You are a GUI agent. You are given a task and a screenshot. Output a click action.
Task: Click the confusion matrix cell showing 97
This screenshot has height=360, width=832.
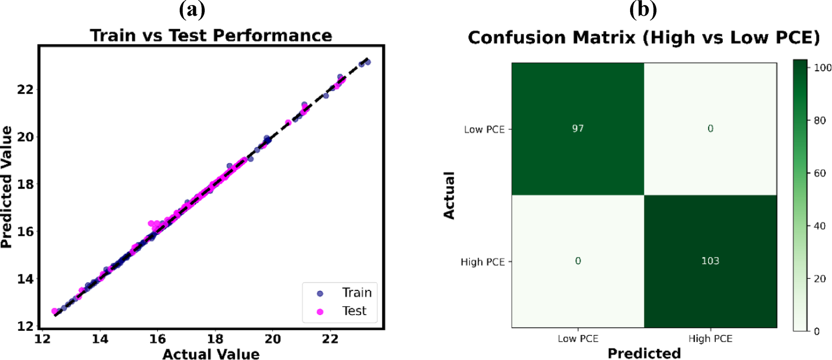pyautogui.click(x=578, y=129)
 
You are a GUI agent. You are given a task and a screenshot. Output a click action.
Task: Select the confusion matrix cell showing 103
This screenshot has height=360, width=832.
pyautogui.click(x=710, y=261)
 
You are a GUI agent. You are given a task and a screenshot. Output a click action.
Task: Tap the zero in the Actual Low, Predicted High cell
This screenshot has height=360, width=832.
pyautogui.click(x=710, y=129)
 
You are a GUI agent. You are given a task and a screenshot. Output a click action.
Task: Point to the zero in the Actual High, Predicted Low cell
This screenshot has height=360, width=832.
pyautogui.click(x=578, y=261)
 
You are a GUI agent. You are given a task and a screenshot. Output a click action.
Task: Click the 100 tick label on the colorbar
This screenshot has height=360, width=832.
pyautogui.click(x=822, y=68)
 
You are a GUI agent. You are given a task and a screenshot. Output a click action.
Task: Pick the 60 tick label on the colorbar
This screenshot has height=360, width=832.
pyautogui.click(x=819, y=173)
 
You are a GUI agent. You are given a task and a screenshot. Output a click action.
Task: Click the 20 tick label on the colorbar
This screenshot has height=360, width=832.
pyautogui.click(x=819, y=279)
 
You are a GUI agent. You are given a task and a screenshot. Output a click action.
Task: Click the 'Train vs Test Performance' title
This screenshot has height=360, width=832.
pyautogui.click(x=211, y=36)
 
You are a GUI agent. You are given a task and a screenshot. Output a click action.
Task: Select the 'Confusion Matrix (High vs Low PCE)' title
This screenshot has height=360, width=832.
pyautogui.click(x=644, y=37)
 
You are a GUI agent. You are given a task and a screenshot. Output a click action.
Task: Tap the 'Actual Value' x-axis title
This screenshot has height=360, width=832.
pyautogui.click(x=211, y=354)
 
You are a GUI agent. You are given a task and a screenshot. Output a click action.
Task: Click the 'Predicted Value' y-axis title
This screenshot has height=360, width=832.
pyautogui.click(x=6, y=187)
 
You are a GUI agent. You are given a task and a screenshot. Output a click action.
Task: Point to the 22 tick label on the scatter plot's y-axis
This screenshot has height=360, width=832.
pyautogui.click(x=25, y=89)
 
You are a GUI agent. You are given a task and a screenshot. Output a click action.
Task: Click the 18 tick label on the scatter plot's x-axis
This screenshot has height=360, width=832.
pyautogui.click(x=215, y=339)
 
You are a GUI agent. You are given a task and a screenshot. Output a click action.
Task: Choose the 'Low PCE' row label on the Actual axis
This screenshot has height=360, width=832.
pyautogui.click(x=484, y=130)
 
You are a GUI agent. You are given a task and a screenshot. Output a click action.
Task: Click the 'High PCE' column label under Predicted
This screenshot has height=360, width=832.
pyautogui.click(x=710, y=339)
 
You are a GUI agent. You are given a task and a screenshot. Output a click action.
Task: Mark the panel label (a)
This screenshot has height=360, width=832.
pyautogui.click(x=192, y=9)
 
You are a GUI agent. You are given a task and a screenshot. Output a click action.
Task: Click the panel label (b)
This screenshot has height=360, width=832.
pyautogui.click(x=643, y=9)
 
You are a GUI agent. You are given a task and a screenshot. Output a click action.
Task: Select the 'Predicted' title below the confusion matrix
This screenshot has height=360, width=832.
pyautogui.click(x=644, y=354)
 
